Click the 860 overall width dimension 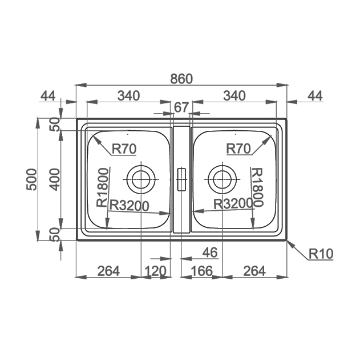click(x=181, y=79)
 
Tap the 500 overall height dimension click(x=32, y=179)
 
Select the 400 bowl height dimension click(x=55, y=179)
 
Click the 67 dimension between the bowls click(x=181, y=107)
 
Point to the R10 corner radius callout click(x=321, y=254)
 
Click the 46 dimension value click(x=210, y=252)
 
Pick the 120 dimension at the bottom click(x=155, y=271)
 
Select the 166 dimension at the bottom click(x=201, y=271)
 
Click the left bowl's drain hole click(x=141, y=179)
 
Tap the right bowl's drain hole click(x=222, y=179)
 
